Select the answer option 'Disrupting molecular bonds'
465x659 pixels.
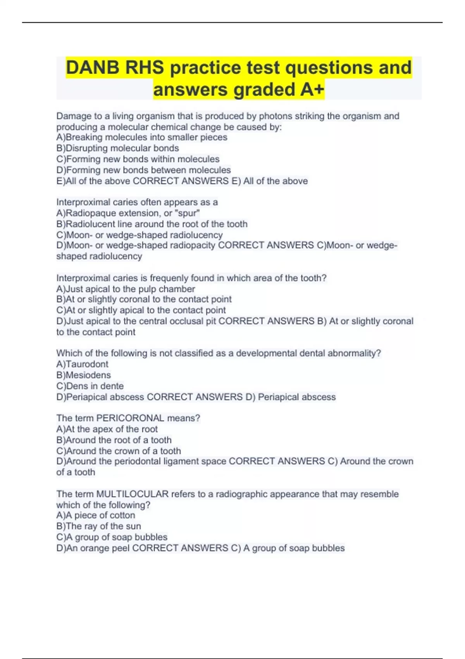coord(118,148)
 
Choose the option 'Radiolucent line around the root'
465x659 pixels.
coord(152,224)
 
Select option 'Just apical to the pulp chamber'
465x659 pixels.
coord(126,289)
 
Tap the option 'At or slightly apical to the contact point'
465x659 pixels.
coord(141,310)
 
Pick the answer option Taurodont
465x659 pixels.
coord(82,364)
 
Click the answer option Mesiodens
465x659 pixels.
coord(83,375)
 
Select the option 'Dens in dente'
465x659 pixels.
coord(90,386)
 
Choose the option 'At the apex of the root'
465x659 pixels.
coord(107,429)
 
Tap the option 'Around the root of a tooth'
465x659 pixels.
coord(114,440)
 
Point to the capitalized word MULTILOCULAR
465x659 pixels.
coord(132,494)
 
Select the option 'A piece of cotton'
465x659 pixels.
coord(96,515)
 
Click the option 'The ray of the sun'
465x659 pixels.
coord(98,526)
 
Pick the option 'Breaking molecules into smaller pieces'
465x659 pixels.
coord(142,137)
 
